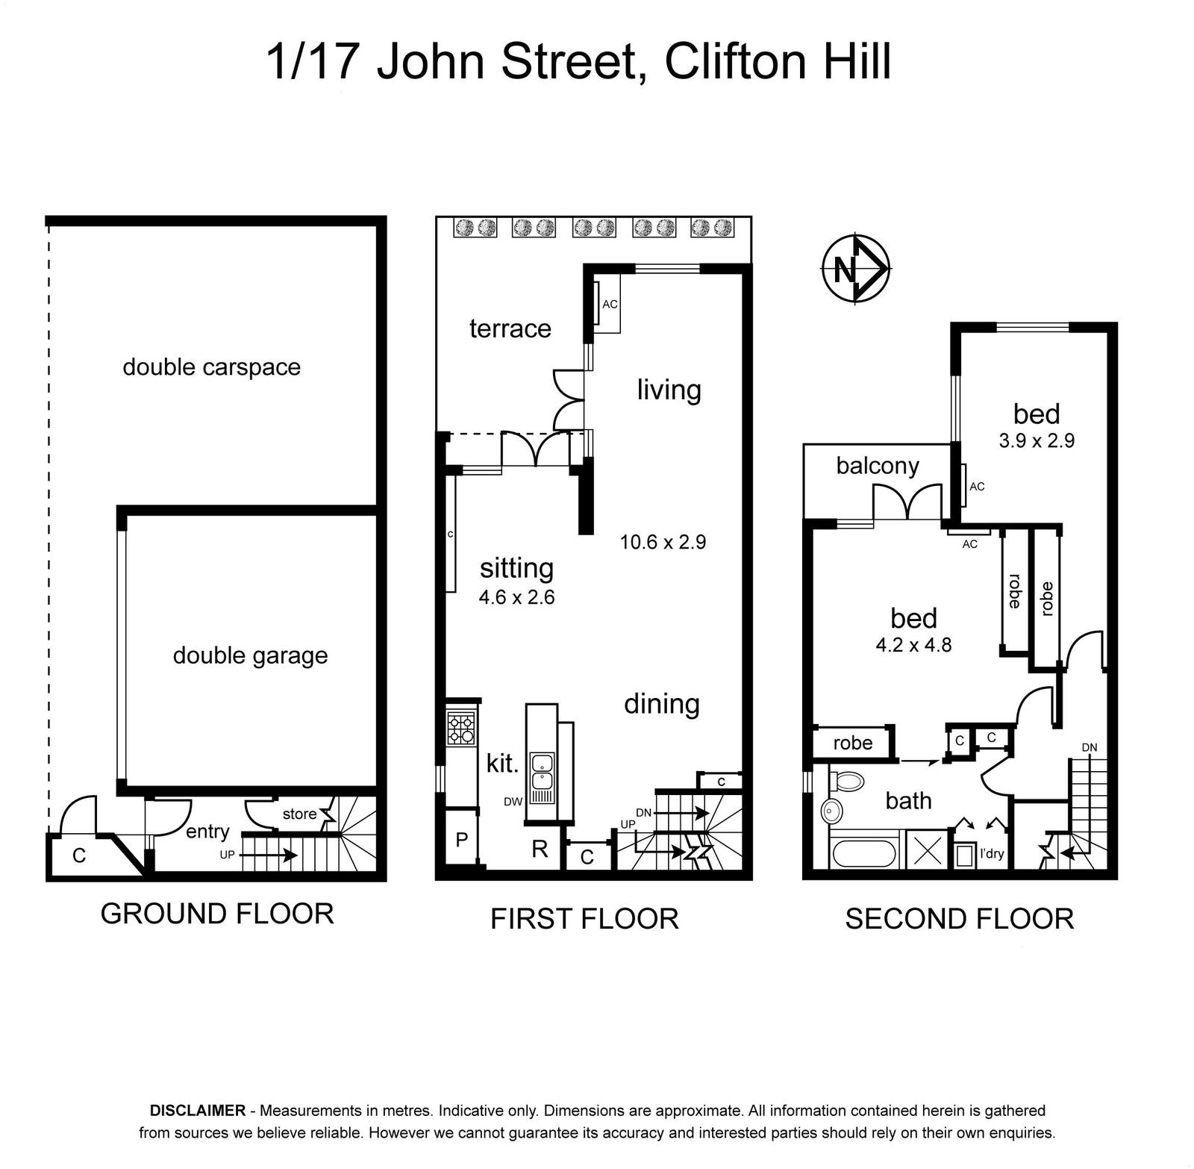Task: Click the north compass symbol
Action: (x=855, y=269)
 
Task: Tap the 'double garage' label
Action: (x=251, y=655)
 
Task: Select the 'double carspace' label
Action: (x=211, y=367)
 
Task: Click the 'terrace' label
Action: (x=510, y=328)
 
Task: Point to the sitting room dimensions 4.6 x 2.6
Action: (x=517, y=597)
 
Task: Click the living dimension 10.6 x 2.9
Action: (x=663, y=542)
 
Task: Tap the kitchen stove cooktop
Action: (x=460, y=729)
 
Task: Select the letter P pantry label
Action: (x=462, y=840)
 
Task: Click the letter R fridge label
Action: (x=540, y=849)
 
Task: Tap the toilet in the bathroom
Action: (x=846, y=782)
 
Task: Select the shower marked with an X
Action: (x=928, y=849)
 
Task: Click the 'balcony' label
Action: (x=878, y=466)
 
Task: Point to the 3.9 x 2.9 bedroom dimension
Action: (x=1037, y=440)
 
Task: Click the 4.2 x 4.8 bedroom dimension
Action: (x=913, y=644)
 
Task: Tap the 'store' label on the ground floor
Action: (x=299, y=814)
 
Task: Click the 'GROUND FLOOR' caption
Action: (x=217, y=914)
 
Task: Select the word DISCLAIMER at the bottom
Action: (x=198, y=1110)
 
